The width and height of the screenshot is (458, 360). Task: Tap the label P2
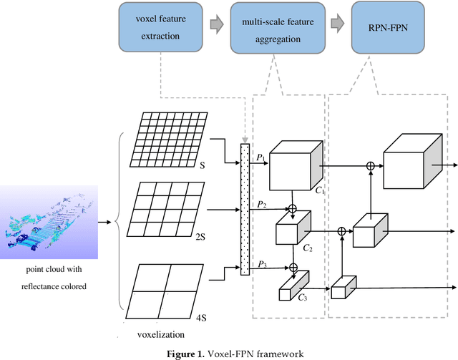pos(261,204)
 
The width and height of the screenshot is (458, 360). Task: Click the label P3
pos(261,264)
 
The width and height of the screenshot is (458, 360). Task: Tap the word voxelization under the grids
pos(165,334)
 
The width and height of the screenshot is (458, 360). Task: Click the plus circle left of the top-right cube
pos(370,166)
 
